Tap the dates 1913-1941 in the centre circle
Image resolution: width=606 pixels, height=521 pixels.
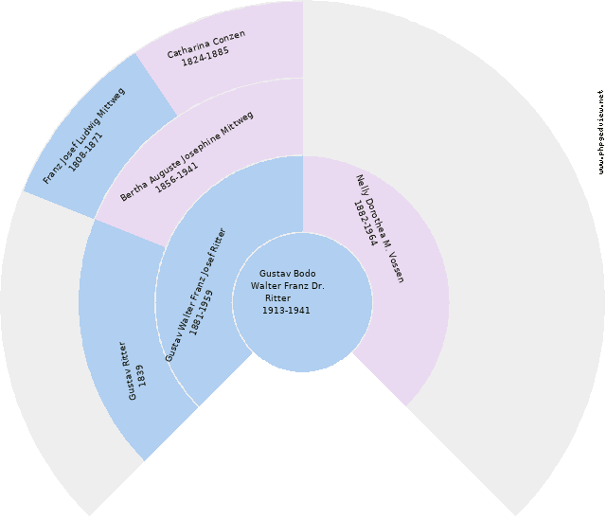pos(286,311)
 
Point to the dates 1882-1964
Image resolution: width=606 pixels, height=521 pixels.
pos(365,224)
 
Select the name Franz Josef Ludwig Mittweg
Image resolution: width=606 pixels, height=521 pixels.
pos(83,135)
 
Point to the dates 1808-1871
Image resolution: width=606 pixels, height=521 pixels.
pos(92,146)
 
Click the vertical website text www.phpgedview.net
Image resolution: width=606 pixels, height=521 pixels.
pos(600,132)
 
